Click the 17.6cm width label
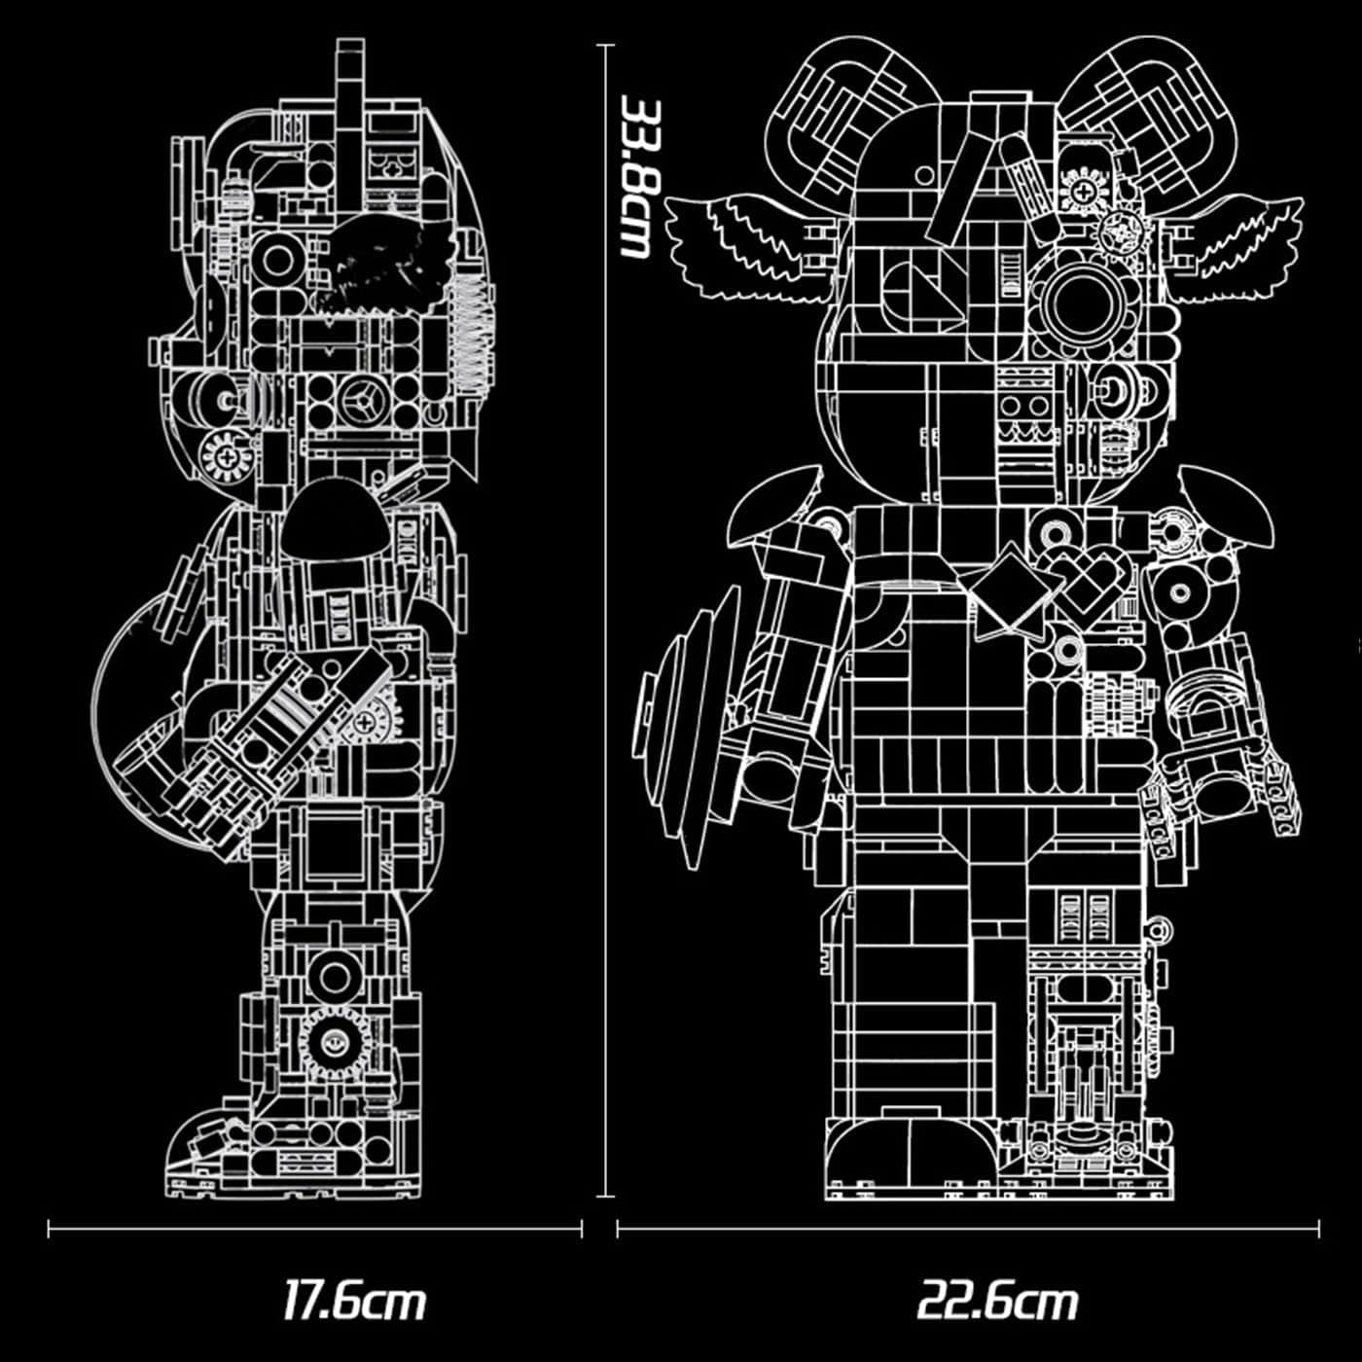[x=354, y=1301]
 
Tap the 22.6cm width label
[x=997, y=1301]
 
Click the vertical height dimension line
[x=605, y=681]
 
